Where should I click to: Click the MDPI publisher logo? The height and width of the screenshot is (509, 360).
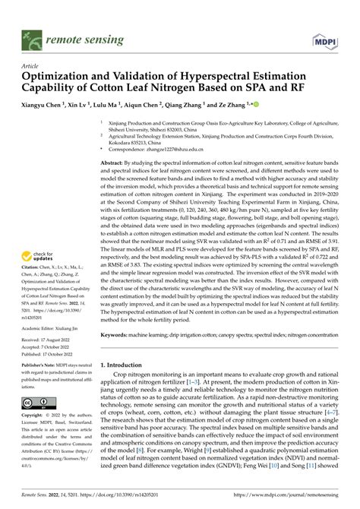(x=322, y=36)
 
